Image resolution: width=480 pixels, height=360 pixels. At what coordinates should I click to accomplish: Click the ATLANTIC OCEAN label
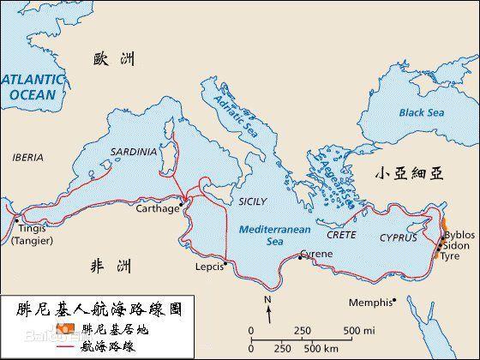pyautogui.click(x=32, y=87)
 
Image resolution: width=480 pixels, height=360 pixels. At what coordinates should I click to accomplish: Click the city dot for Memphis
pyautogui.click(x=394, y=300)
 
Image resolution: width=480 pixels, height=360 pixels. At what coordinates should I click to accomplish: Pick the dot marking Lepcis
pyautogui.click(x=225, y=263)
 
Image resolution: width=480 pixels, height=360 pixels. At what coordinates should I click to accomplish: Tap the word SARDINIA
pyautogui.click(x=134, y=152)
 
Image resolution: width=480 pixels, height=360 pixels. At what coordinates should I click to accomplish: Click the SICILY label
pyautogui.click(x=252, y=201)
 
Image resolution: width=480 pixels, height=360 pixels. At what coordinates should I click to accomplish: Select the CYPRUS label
pyautogui.click(x=399, y=237)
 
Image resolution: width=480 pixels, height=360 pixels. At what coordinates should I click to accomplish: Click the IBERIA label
pyautogui.click(x=27, y=158)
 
